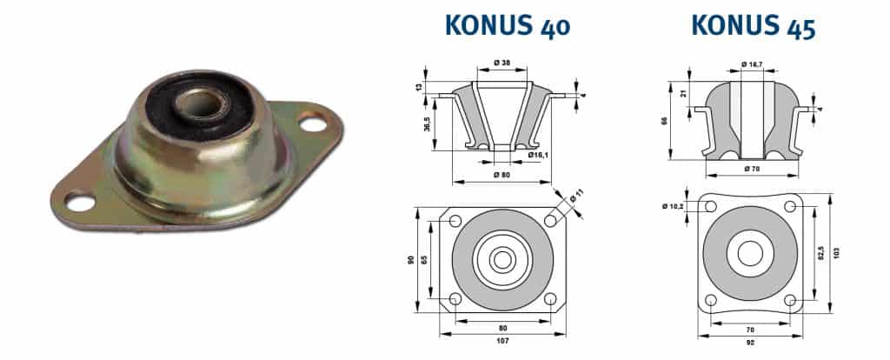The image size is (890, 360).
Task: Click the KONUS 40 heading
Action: [507, 25]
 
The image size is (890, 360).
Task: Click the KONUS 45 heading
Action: [753, 25]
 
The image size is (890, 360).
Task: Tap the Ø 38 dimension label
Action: [501, 63]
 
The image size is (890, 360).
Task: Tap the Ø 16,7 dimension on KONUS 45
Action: [752, 63]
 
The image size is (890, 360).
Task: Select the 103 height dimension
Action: [837, 253]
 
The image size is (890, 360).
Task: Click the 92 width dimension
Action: [750, 342]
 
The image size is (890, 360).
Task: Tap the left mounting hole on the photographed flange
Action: [81, 204]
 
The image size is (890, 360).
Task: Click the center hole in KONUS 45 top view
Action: [751, 253]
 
